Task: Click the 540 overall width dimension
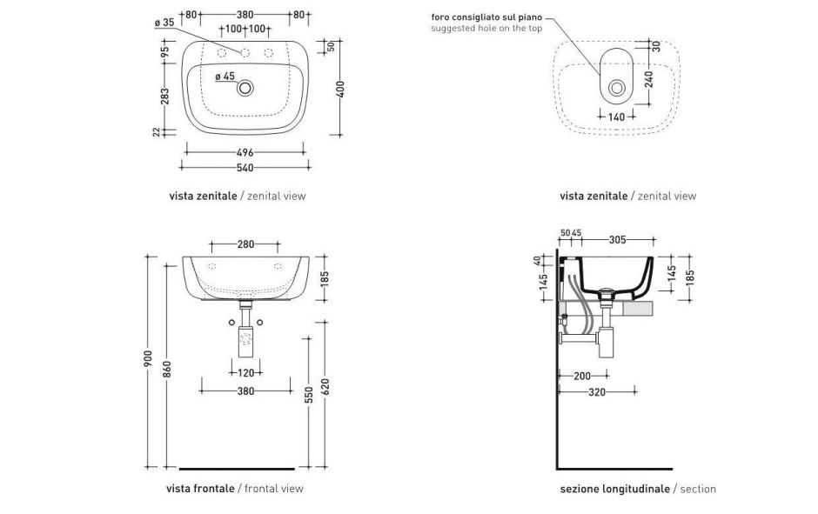click(x=245, y=167)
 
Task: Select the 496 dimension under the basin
click(x=245, y=152)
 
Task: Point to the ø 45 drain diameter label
click(x=225, y=77)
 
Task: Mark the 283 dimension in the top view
click(x=165, y=96)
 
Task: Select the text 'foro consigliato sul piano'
click(x=486, y=17)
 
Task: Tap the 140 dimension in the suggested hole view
click(x=616, y=115)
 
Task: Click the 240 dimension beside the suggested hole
click(x=648, y=80)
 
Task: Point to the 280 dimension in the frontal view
click(x=245, y=244)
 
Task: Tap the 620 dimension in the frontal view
click(x=325, y=389)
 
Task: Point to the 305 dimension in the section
click(x=617, y=239)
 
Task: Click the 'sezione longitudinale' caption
click(x=614, y=489)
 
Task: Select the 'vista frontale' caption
click(x=200, y=489)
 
